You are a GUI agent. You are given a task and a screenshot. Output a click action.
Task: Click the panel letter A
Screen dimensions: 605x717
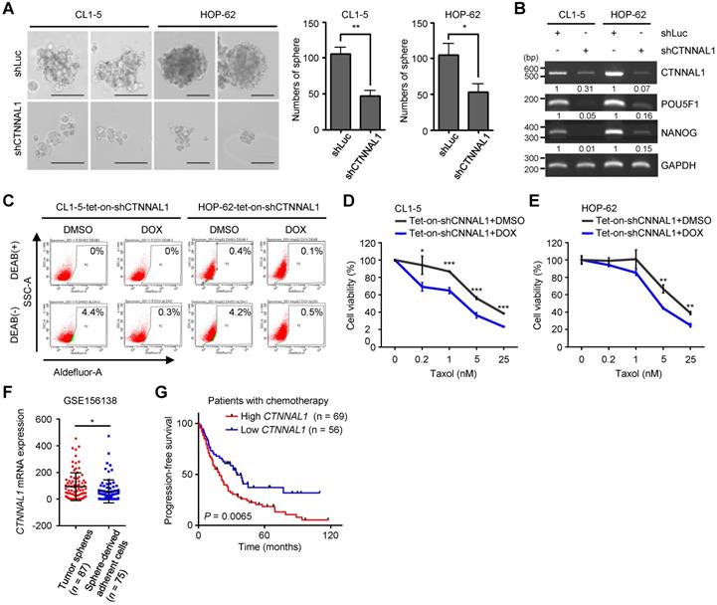tap(8, 10)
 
